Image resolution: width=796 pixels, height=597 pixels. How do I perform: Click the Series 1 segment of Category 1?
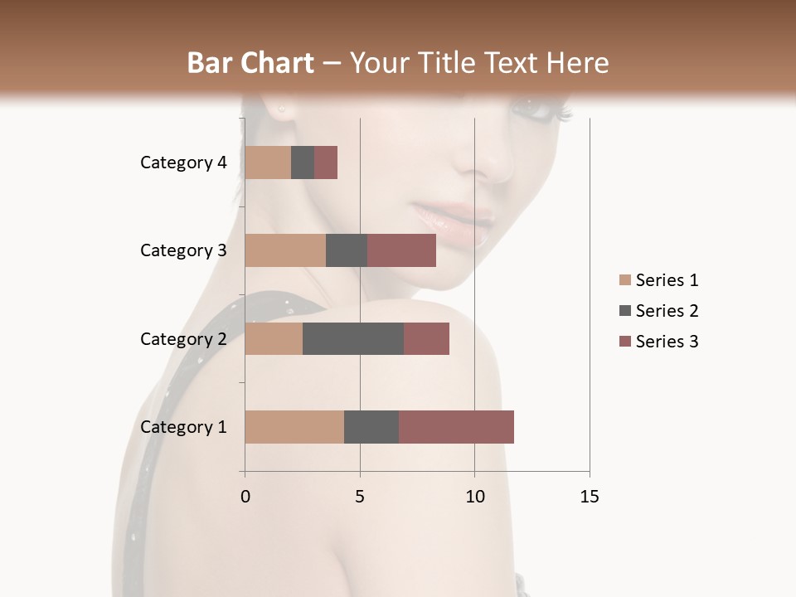tap(294, 427)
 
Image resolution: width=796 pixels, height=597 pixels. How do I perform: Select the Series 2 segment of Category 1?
tap(371, 427)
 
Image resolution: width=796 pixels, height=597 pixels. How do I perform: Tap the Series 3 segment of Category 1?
tap(456, 427)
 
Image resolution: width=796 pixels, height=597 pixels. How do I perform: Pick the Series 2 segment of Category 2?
tap(353, 339)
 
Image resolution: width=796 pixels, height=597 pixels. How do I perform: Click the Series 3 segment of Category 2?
tap(426, 339)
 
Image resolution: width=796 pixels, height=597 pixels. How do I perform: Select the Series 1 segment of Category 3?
tap(285, 250)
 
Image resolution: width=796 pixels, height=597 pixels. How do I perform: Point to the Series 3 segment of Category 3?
tap(401, 250)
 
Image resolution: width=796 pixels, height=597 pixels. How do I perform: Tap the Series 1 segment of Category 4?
tap(268, 163)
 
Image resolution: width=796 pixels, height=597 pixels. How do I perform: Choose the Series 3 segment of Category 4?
tap(326, 163)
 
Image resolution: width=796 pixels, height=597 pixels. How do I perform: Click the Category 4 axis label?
tap(183, 163)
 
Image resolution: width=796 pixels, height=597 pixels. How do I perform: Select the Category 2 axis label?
tap(183, 339)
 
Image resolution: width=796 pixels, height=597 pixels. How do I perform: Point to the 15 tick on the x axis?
tap(589, 497)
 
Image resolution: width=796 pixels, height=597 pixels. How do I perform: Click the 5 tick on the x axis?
tap(360, 497)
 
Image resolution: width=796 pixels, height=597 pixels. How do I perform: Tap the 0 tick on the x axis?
tap(245, 497)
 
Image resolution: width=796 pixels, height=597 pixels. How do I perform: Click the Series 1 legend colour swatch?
tap(624, 280)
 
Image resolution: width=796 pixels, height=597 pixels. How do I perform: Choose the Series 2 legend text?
tap(667, 311)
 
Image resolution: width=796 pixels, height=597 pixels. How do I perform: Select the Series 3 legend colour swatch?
tap(624, 342)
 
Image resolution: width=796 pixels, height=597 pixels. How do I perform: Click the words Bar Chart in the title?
tap(250, 63)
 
